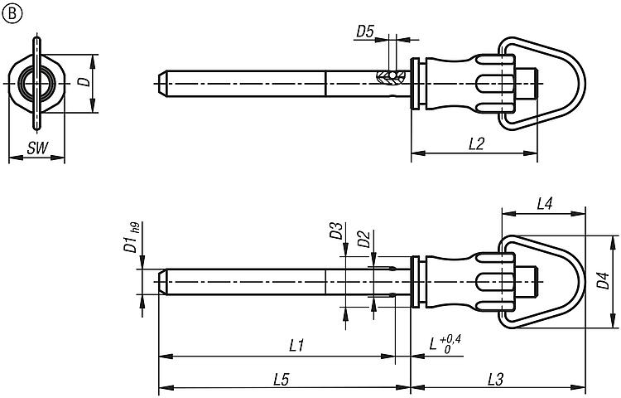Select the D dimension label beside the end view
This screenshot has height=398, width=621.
[82, 82]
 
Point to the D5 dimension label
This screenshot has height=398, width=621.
[365, 32]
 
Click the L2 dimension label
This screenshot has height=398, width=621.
[475, 143]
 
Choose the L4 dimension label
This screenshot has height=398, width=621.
[545, 202]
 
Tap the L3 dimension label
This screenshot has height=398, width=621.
[497, 379]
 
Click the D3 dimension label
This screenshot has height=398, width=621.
[335, 231]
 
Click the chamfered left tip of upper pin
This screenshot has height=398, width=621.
[162, 81]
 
